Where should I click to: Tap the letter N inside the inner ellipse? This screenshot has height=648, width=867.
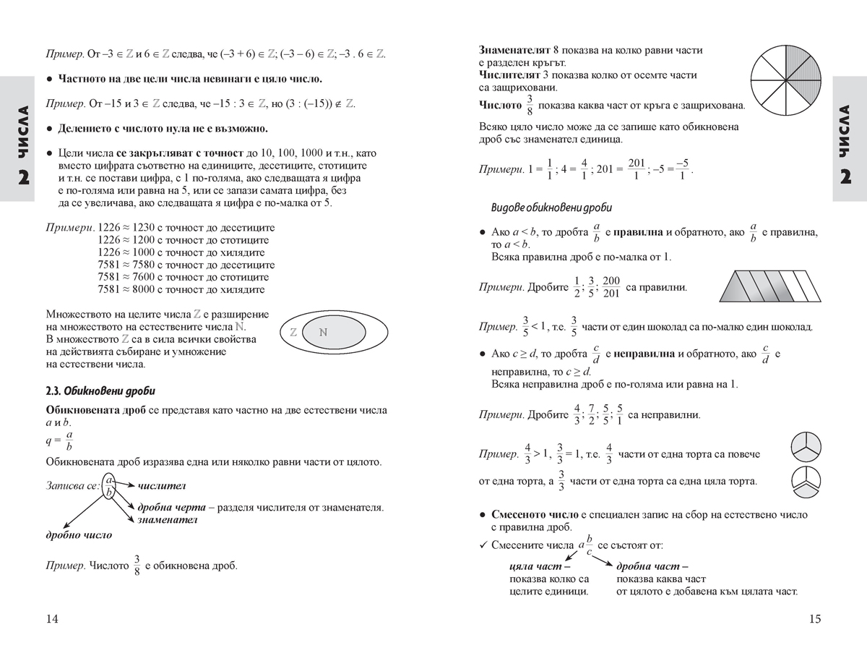tap(323, 332)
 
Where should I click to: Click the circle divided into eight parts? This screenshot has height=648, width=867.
tap(786, 75)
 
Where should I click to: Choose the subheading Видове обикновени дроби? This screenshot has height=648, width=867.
tap(551, 208)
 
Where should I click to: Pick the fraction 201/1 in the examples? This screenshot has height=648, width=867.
tap(637, 169)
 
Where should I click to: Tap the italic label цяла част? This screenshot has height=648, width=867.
tap(535, 567)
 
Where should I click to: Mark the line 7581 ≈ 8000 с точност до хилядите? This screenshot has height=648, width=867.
tap(181, 289)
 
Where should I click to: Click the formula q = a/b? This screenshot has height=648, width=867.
tap(59, 440)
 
